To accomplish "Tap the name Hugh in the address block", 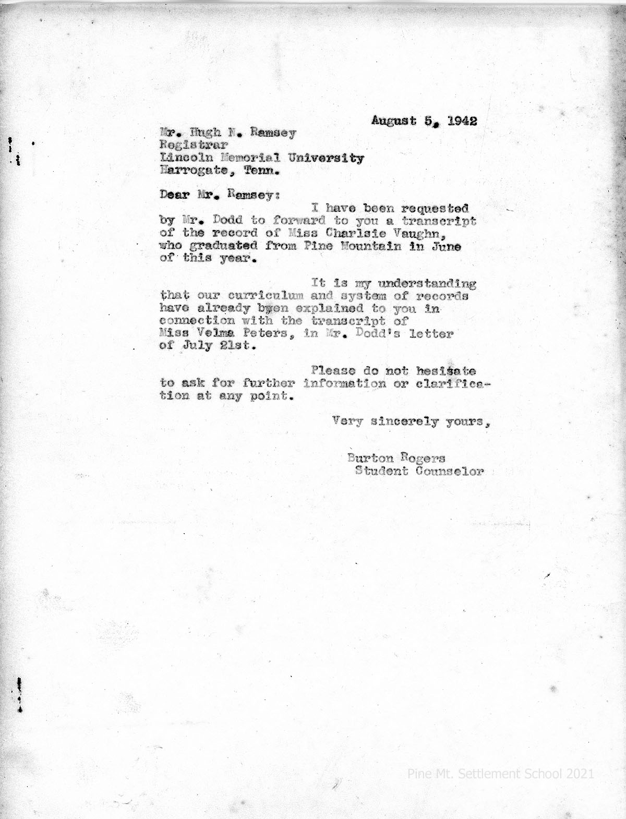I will (204, 133).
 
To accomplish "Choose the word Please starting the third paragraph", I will (333, 371).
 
